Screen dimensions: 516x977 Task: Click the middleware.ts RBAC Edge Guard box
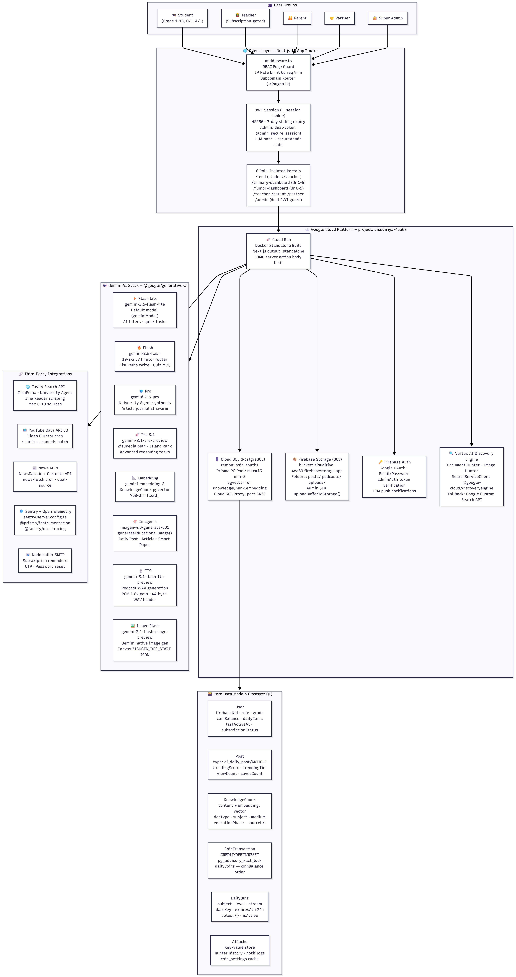(x=278, y=72)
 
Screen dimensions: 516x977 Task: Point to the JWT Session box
(x=278, y=127)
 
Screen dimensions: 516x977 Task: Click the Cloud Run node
(x=278, y=251)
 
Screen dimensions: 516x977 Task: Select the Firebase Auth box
(x=394, y=476)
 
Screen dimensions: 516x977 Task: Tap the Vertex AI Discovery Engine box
(x=471, y=476)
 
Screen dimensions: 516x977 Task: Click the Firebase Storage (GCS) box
(x=317, y=476)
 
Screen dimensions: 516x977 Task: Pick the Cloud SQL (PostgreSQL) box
(x=240, y=476)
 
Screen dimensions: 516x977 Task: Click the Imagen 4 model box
(x=145, y=533)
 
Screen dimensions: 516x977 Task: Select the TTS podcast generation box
(x=145, y=585)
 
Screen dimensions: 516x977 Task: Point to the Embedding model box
(x=145, y=487)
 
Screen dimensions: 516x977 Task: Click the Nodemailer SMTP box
(x=45, y=561)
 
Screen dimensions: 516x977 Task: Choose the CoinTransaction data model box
(x=240, y=860)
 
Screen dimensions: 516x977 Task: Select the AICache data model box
(x=240, y=950)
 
